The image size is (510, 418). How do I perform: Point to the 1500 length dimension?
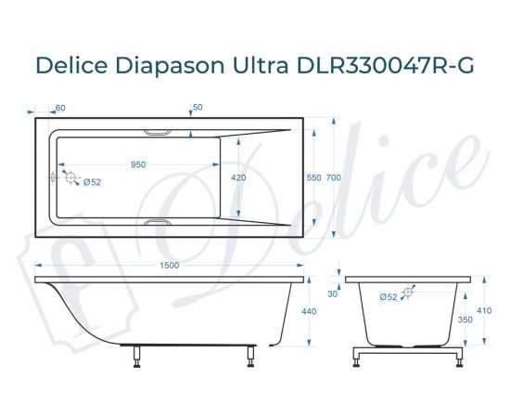click(169, 267)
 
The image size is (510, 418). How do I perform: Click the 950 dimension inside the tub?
click(138, 164)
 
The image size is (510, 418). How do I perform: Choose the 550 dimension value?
click(313, 177)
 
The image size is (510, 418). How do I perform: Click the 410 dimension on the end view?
click(483, 312)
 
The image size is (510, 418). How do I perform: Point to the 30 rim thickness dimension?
click(333, 294)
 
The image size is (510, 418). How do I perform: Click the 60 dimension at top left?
click(60, 109)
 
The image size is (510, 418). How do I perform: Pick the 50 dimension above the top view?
click(197, 109)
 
